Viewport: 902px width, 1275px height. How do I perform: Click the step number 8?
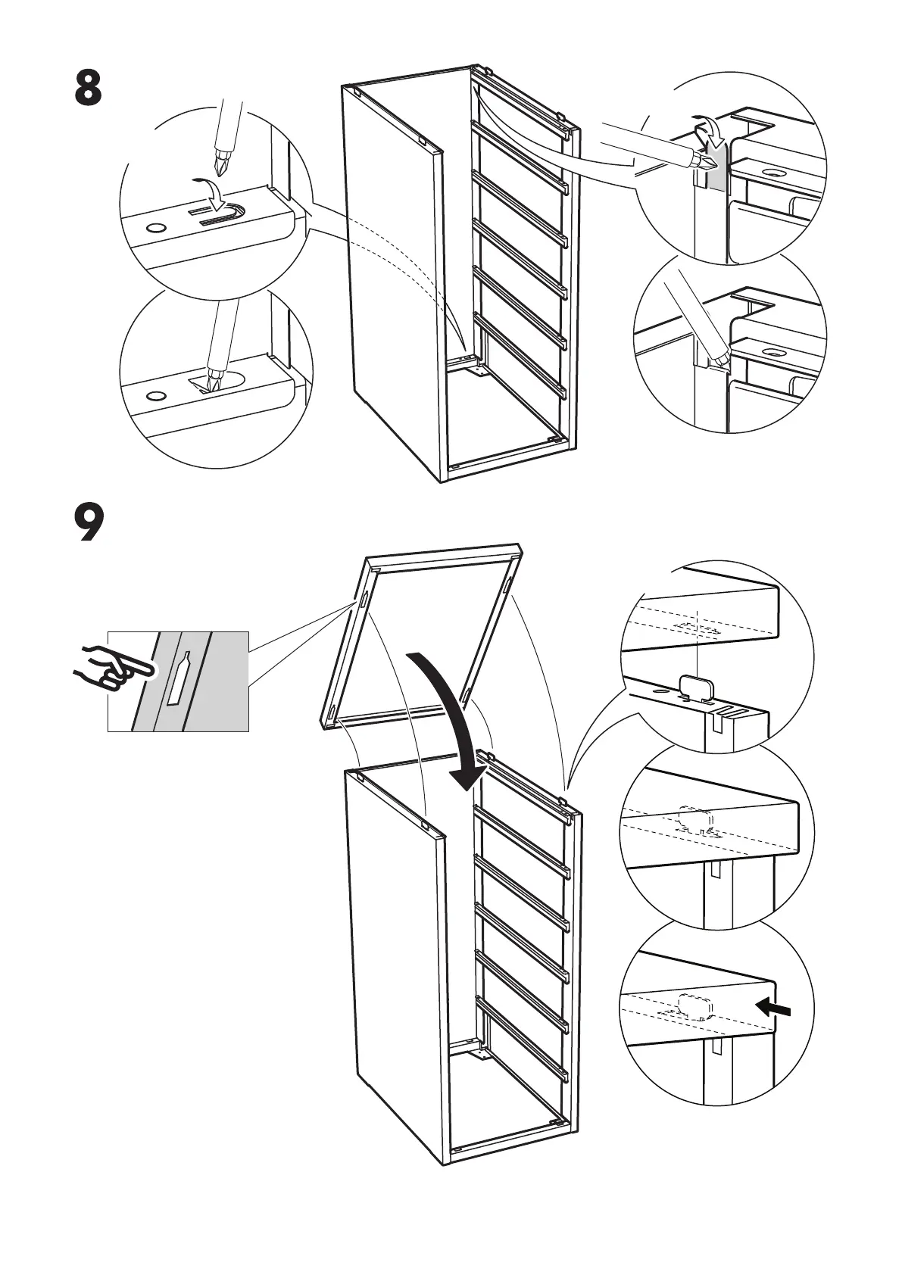[88, 89]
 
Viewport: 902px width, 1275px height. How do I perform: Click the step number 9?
[89, 523]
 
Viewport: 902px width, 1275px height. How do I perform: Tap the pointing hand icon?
[114, 666]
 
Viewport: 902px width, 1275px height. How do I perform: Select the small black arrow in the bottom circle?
[776, 1007]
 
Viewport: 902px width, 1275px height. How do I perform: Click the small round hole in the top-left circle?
[157, 227]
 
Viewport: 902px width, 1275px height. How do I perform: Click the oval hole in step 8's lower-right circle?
[774, 353]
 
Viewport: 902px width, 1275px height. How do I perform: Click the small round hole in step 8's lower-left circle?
[156, 396]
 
